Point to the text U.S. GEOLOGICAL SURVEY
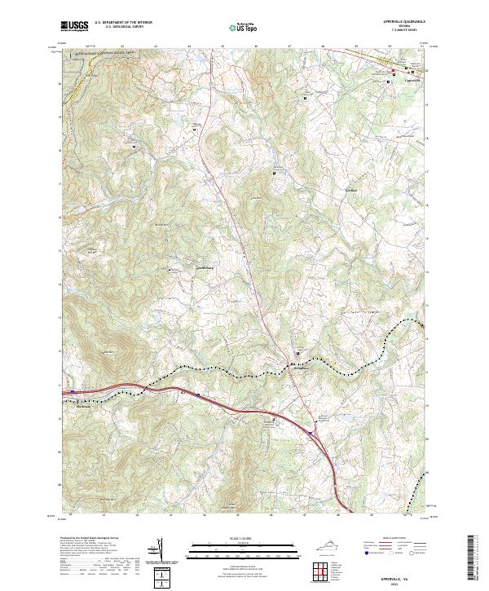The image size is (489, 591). pyautogui.click(x=123, y=27)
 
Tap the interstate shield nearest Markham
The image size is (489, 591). pyautogui.click(x=73, y=392)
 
